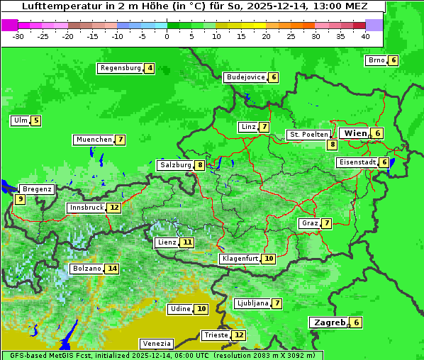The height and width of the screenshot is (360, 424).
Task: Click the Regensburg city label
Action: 120,68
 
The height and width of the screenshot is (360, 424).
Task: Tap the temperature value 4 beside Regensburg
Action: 149,69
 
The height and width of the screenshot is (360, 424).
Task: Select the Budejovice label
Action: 245,77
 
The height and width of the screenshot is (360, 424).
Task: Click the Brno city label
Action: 376,60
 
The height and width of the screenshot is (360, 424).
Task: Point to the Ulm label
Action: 20,120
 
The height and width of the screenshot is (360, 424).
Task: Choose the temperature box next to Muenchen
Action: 121,140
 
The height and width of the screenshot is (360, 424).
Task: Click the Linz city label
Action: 247,127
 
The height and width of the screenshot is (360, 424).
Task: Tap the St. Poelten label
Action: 308,134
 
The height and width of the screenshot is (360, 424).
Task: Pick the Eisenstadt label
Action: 357,162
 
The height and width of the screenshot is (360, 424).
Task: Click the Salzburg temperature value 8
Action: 201,165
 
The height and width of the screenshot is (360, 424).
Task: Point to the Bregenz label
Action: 37,189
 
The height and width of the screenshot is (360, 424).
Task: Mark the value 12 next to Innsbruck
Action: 114,208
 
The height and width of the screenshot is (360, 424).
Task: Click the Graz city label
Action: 309,223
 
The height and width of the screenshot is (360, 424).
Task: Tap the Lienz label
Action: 167,242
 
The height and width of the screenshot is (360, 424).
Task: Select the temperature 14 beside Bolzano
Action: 112,269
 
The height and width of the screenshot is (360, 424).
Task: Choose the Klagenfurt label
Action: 240,259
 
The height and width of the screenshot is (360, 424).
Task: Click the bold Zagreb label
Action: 329,322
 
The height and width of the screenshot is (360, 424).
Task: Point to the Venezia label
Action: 155,343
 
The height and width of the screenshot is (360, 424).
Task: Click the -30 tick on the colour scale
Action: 19,35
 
